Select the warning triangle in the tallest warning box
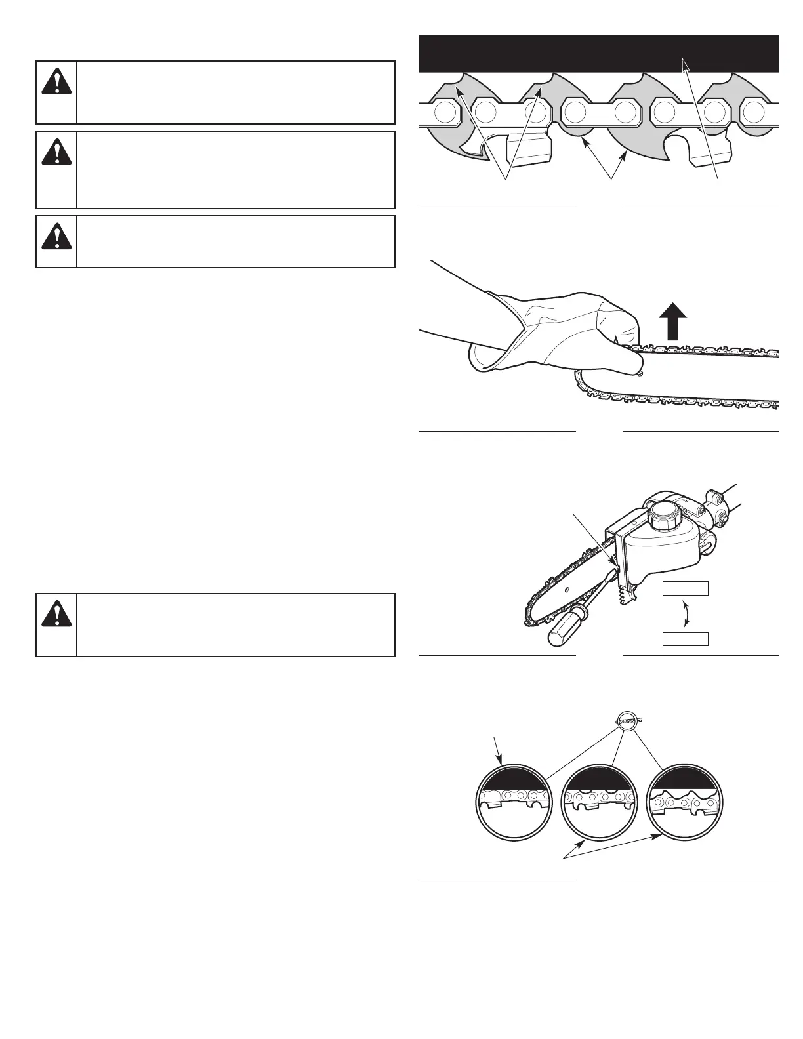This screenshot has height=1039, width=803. pos(56,153)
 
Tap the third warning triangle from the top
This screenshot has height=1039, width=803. pos(56,236)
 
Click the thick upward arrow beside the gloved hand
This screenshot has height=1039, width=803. pos(672,323)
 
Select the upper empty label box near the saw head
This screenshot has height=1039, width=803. pos(686,588)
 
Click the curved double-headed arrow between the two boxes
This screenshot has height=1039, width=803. pos(686,613)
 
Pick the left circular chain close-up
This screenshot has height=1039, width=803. pos(512,802)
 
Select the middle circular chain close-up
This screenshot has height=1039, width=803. pos(598,802)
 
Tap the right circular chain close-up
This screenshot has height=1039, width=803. pos(684,802)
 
